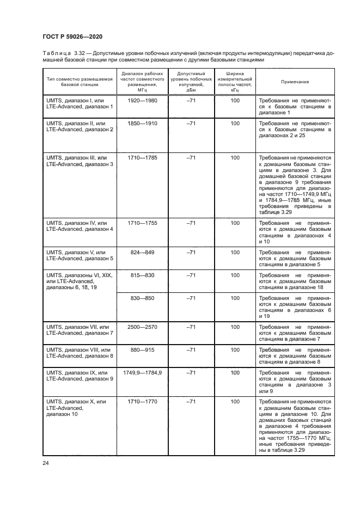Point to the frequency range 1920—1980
click(x=142, y=101)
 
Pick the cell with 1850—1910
click(x=142, y=124)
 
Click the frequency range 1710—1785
click(x=142, y=158)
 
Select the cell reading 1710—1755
click(x=142, y=223)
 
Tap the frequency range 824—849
click(x=142, y=253)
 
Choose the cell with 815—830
click(x=142, y=275)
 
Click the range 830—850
click(x=142, y=298)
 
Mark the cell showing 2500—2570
click(x=142, y=327)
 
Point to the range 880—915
click(x=142, y=349)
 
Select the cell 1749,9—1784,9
click(x=142, y=372)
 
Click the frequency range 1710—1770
click(x=142, y=401)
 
